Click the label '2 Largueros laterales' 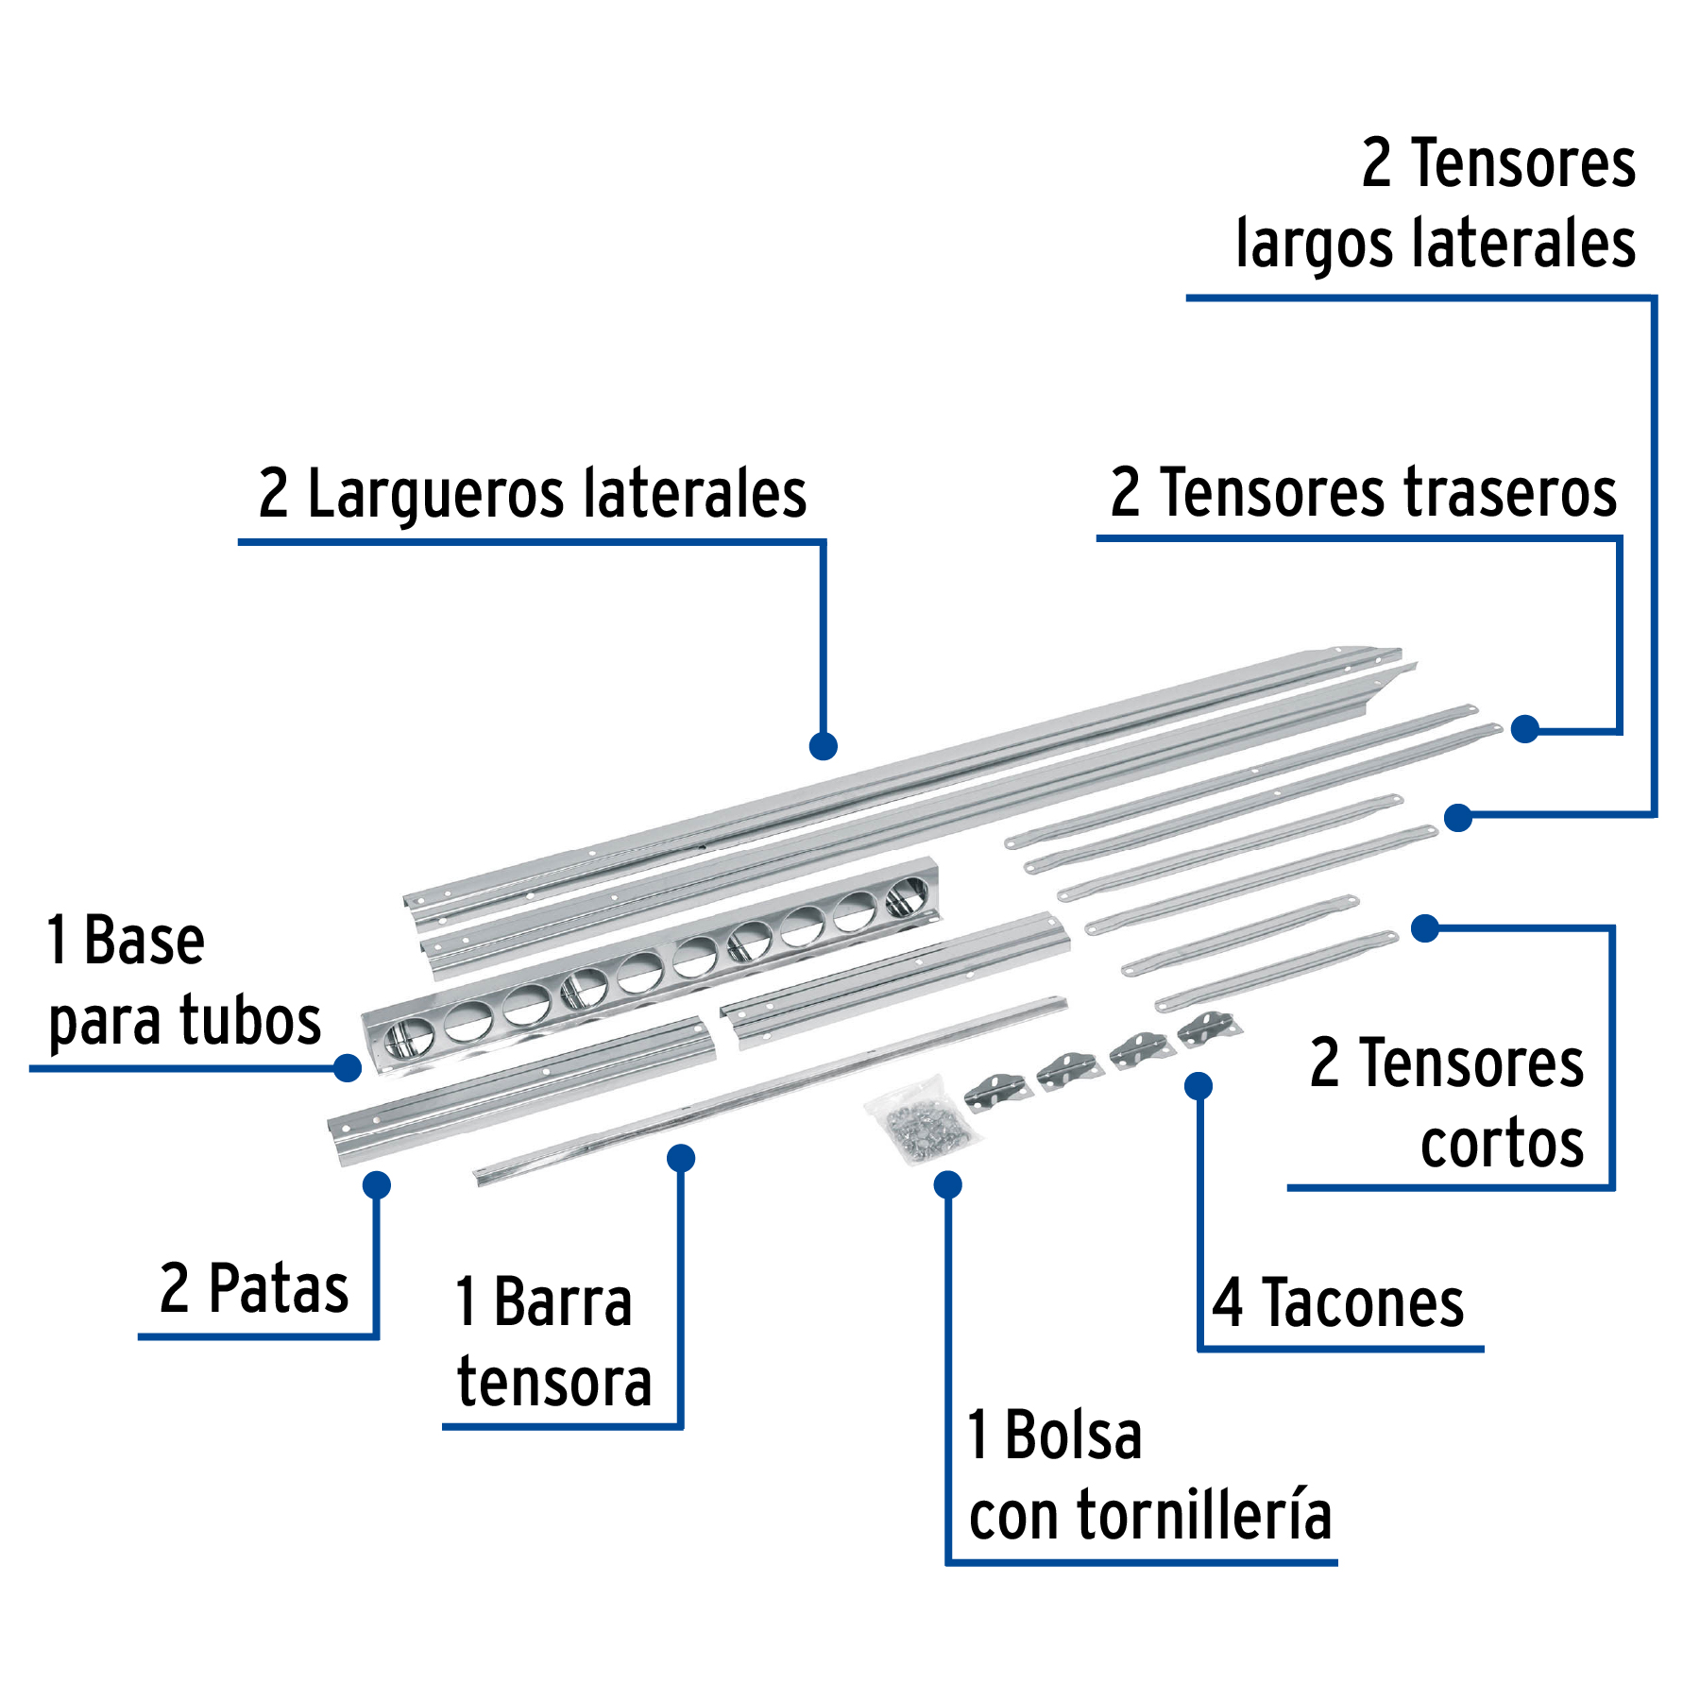(x=533, y=493)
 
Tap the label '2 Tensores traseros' (x=1364, y=492)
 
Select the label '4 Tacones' (x=1338, y=1303)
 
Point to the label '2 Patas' (x=254, y=1288)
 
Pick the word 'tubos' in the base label (x=250, y=1021)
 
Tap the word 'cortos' (x=1502, y=1144)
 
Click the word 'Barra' (x=563, y=1302)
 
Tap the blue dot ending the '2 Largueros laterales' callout (x=824, y=746)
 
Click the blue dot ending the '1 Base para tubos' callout (x=348, y=1068)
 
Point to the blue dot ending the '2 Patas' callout (x=377, y=1184)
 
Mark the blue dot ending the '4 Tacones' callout (x=1198, y=1086)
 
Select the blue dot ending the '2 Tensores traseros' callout (x=1525, y=729)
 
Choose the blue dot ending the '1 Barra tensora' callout (x=681, y=1158)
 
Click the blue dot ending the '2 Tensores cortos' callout (x=1425, y=928)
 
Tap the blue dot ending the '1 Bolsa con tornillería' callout (x=948, y=1184)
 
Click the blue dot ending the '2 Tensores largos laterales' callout (x=1459, y=818)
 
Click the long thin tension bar (x=770, y=1091)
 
